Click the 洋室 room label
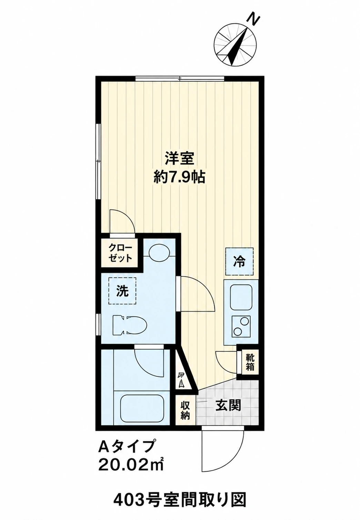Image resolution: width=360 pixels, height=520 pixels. (179, 158)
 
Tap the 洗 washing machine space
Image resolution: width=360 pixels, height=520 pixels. (122, 291)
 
